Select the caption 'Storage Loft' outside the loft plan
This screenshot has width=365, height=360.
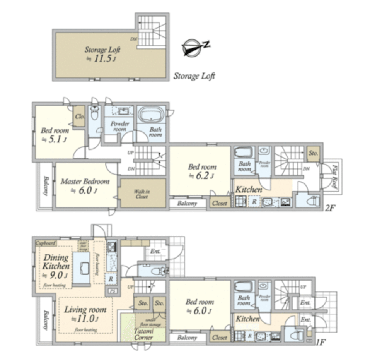[x=194, y=76]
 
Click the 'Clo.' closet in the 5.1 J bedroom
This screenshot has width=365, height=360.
[x=80, y=116]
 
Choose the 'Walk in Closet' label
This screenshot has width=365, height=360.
[x=142, y=194]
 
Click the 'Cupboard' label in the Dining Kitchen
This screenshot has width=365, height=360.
[x=46, y=243]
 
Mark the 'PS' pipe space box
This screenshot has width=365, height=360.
[x=113, y=291]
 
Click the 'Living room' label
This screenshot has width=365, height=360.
[x=85, y=310]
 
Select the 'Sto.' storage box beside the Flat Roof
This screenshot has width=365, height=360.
[x=313, y=153]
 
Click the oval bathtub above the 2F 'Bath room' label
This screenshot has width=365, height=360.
[x=152, y=115]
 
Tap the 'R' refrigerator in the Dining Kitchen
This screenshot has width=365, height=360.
[x=111, y=279]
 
